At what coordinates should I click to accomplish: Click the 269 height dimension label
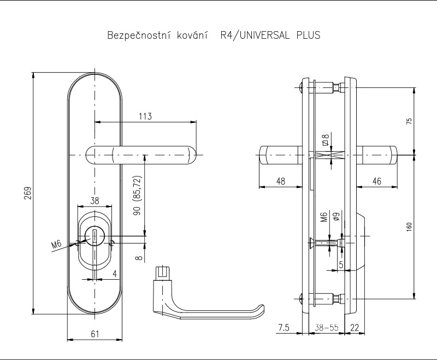[28, 193]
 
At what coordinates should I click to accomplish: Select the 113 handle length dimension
[145, 116]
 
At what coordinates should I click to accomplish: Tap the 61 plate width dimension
[95, 334]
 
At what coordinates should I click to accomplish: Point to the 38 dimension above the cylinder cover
[95, 200]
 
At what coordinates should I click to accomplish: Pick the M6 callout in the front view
[56, 245]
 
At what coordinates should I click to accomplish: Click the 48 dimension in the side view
[281, 181]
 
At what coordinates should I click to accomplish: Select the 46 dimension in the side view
[376, 181]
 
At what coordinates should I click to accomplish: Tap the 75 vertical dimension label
[409, 121]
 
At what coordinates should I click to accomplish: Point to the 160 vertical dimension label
[409, 227]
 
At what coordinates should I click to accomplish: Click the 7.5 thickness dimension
[284, 328]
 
